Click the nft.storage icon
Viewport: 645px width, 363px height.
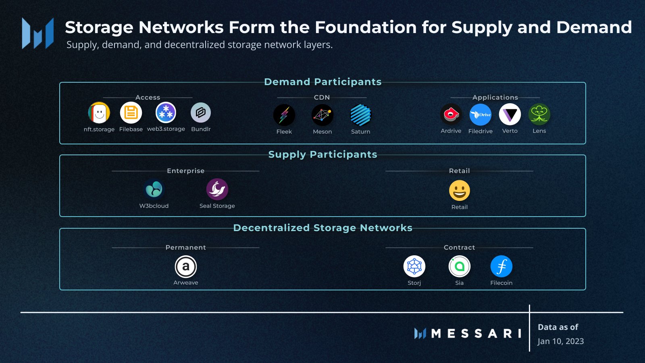click(99, 113)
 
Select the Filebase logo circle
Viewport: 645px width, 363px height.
click(131, 113)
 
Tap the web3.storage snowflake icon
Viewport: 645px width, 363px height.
click(166, 113)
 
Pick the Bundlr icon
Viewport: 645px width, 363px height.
click(201, 113)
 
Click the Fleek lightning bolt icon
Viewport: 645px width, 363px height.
click(284, 115)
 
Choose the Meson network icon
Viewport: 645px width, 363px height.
click(322, 115)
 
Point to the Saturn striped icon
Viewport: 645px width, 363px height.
click(360, 115)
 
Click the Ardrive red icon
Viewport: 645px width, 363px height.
click(451, 115)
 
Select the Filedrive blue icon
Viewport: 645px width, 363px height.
click(481, 115)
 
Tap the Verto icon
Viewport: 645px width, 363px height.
click(510, 115)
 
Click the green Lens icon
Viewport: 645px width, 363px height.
click(539, 115)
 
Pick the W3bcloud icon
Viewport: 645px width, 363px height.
click(154, 189)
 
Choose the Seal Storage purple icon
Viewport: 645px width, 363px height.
click(217, 189)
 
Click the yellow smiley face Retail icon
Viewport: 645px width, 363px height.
click(460, 190)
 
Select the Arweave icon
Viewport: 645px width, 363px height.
click(186, 267)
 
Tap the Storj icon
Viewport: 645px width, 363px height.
click(414, 267)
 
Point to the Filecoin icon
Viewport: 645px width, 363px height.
click(501, 267)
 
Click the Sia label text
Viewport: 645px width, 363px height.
click(460, 283)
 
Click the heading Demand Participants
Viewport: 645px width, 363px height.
click(322, 82)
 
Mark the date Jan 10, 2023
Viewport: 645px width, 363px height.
click(561, 341)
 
